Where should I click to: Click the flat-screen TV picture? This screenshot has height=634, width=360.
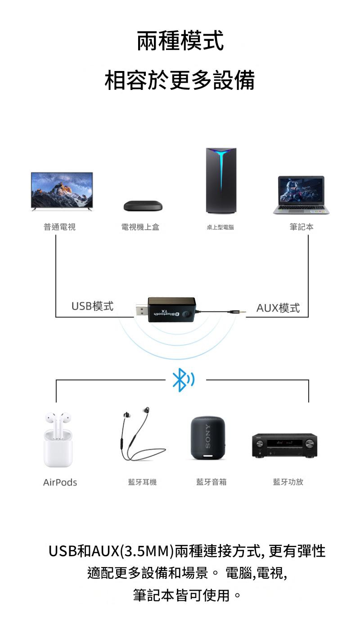tap(62, 191)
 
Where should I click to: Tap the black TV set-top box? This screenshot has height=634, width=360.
tap(143, 206)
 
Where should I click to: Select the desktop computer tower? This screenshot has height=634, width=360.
tap(221, 180)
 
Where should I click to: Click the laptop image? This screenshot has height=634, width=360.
tap(301, 195)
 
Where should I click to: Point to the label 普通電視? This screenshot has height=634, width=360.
tap(59, 227)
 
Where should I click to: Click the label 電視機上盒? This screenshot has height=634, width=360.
tap(140, 227)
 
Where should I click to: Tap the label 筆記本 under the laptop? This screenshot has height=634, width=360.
tap(301, 227)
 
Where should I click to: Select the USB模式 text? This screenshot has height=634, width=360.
tap(92, 306)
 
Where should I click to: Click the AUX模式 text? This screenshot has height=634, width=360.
tap(278, 308)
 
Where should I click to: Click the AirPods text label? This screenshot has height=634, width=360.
tap(60, 482)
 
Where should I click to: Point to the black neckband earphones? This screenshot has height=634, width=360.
tap(141, 435)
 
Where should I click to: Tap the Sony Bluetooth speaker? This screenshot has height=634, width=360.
tap(207, 438)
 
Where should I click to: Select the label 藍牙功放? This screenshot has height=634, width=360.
tap(288, 482)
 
